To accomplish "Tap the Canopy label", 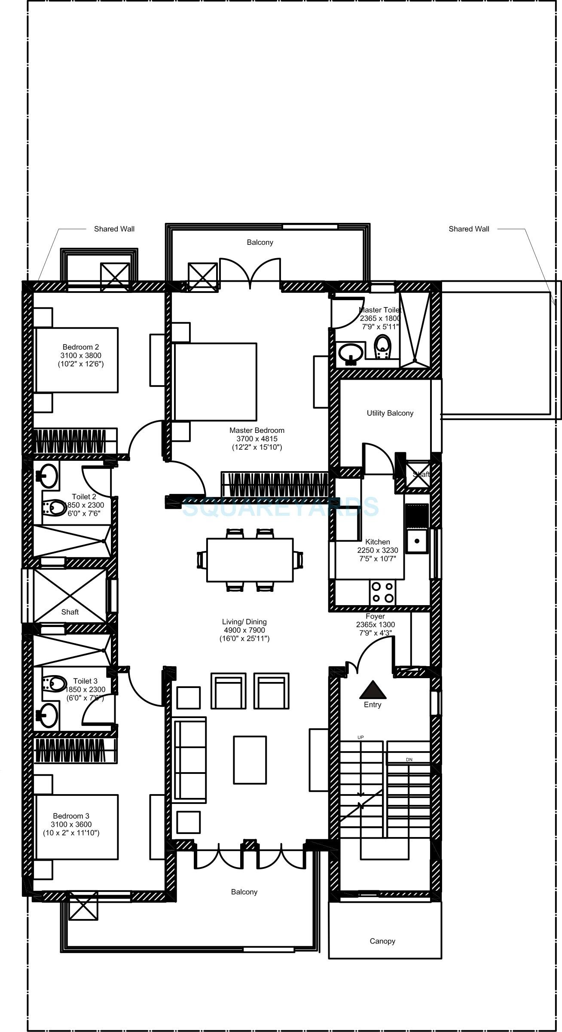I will [x=382, y=941].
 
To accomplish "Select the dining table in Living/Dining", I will [x=250, y=560].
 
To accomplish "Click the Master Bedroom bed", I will [x=215, y=381].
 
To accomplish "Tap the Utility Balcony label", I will [x=390, y=413].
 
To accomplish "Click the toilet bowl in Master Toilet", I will [x=382, y=346].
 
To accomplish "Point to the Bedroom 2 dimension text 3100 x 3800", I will [x=81, y=356].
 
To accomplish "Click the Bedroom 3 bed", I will [x=76, y=827].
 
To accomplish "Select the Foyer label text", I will [x=375, y=616].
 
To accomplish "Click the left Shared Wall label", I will [x=114, y=229].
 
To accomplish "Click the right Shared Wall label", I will [x=469, y=229].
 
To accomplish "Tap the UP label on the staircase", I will [x=360, y=737].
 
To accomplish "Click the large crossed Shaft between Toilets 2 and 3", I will [x=70, y=596].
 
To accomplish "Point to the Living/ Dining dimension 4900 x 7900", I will [x=244, y=630].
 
